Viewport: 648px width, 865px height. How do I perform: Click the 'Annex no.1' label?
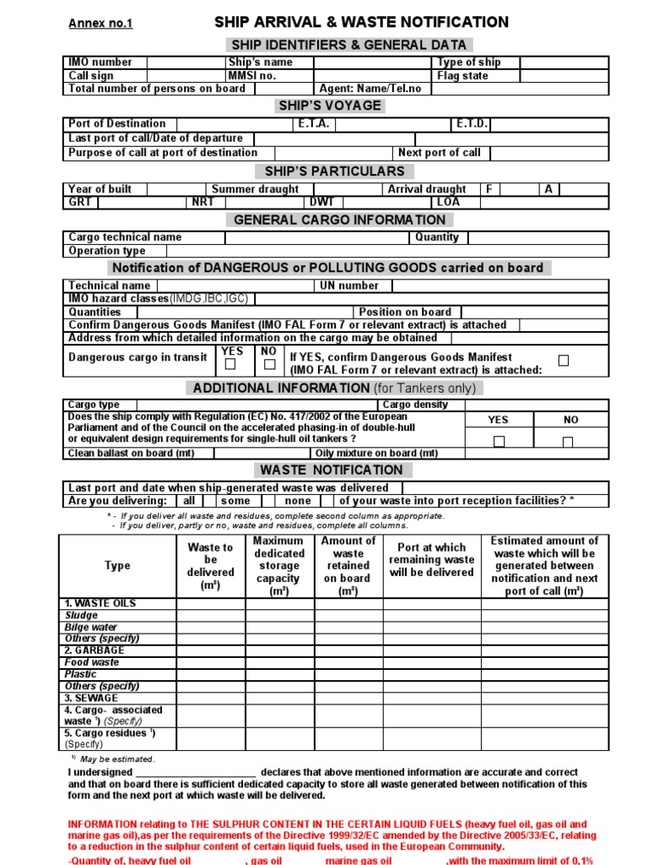(x=100, y=24)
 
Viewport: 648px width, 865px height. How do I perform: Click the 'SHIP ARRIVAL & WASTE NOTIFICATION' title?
(x=361, y=23)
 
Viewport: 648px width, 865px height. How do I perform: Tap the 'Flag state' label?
(x=462, y=76)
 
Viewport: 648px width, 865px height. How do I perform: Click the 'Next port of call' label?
(x=439, y=153)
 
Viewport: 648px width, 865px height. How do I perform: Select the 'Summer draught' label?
(x=255, y=189)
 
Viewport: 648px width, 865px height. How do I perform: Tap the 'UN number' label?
(x=349, y=286)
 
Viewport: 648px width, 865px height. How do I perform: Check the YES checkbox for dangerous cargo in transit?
(x=230, y=365)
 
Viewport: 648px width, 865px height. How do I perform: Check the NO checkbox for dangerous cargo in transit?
(x=269, y=365)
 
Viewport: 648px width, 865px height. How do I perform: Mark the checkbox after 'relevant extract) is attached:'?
(x=564, y=361)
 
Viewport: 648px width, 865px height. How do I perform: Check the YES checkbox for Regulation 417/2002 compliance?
(x=499, y=441)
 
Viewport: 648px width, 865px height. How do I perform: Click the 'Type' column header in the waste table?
(x=117, y=565)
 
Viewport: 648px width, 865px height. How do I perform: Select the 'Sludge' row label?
(x=82, y=616)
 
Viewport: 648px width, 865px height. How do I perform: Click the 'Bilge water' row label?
(x=91, y=628)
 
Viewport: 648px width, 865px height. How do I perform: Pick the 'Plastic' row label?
(x=81, y=675)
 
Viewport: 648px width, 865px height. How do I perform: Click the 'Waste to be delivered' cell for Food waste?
(x=210, y=663)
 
